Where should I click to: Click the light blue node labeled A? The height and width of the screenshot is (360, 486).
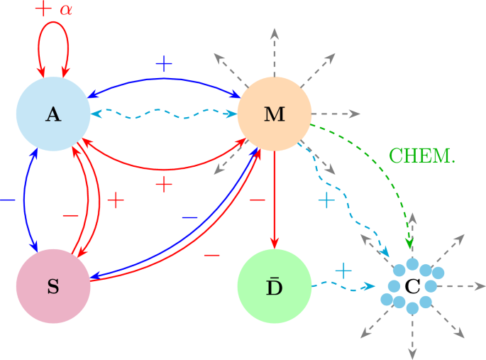pyautogui.click(x=53, y=114)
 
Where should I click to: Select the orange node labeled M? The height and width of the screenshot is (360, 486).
pyautogui.click(x=275, y=114)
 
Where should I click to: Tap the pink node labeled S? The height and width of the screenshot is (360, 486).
pyautogui.click(x=53, y=286)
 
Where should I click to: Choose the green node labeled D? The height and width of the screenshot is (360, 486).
pyautogui.click(x=275, y=286)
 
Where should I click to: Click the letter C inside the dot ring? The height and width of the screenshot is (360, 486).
pyautogui.click(x=412, y=287)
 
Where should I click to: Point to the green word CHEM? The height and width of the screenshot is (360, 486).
pyautogui.click(x=422, y=155)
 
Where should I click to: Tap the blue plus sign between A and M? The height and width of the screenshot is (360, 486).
pyautogui.click(x=164, y=65)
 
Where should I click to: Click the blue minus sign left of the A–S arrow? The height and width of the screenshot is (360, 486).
pyautogui.click(x=8, y=201)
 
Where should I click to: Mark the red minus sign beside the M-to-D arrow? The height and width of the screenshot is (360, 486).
pyautogui.click(x=257, y=201)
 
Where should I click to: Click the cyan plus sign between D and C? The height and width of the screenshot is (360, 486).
pyautogui.click(x=343, y=271)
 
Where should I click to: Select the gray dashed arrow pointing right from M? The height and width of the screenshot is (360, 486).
pyautogui.click(x=337, y=114)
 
